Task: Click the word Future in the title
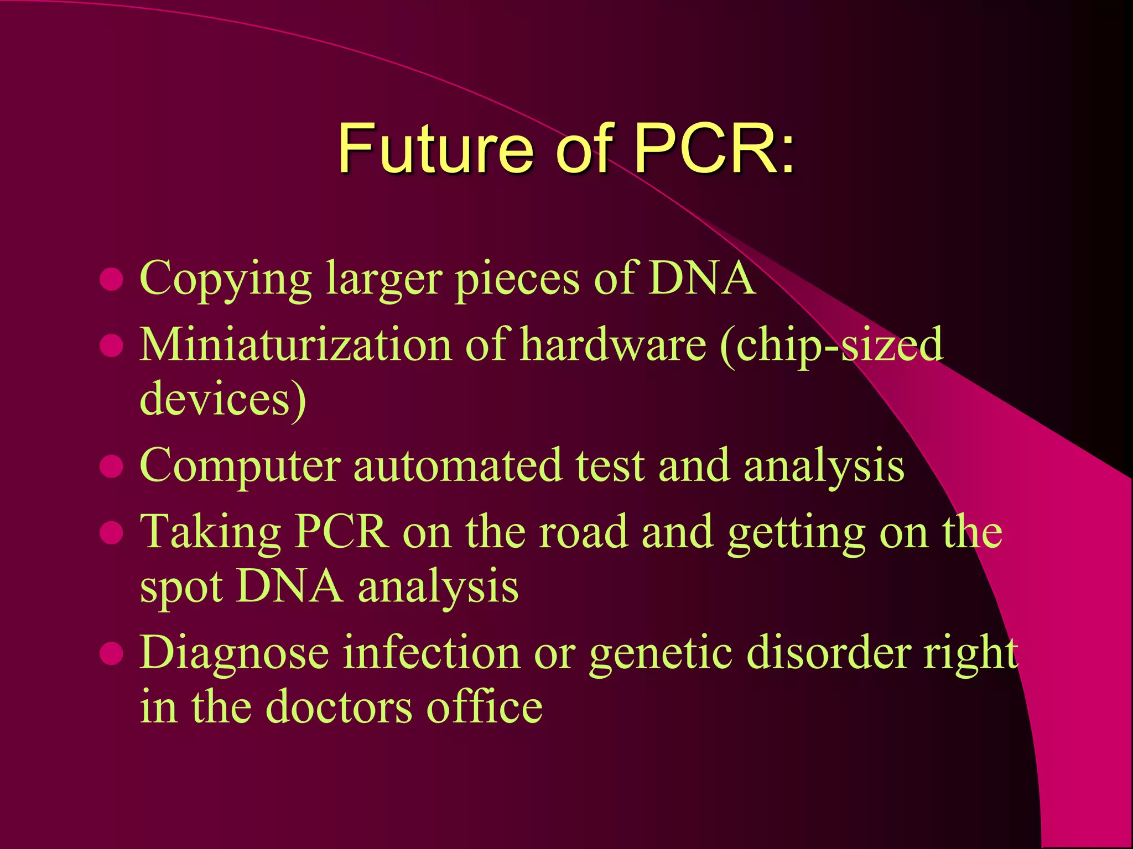pyautogui.click(x=435, y=148)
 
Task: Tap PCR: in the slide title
pyautogui.click(x=714, y=148)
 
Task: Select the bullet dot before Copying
pyautogui.click(x=111, y=279)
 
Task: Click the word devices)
pyautogui.click(x=223, y=399)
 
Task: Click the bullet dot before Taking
pyautogui.click(x=111, y=533)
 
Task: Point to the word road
pyautogui.click(x=584, y=532)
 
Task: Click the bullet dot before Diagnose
pyautogui.click(x=111, y=653)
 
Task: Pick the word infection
pyautogui.click(x=432, y=653)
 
